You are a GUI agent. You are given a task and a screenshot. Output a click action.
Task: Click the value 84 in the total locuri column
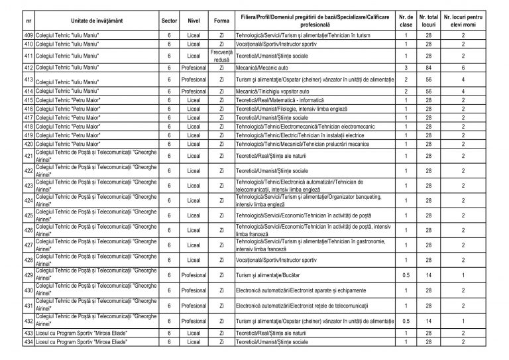point(429,68)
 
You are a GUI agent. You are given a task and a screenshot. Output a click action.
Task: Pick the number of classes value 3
point(404,68)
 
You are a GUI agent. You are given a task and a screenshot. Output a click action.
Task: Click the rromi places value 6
point(463,68)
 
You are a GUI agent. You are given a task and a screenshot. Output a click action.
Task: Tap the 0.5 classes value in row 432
point(404,320)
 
